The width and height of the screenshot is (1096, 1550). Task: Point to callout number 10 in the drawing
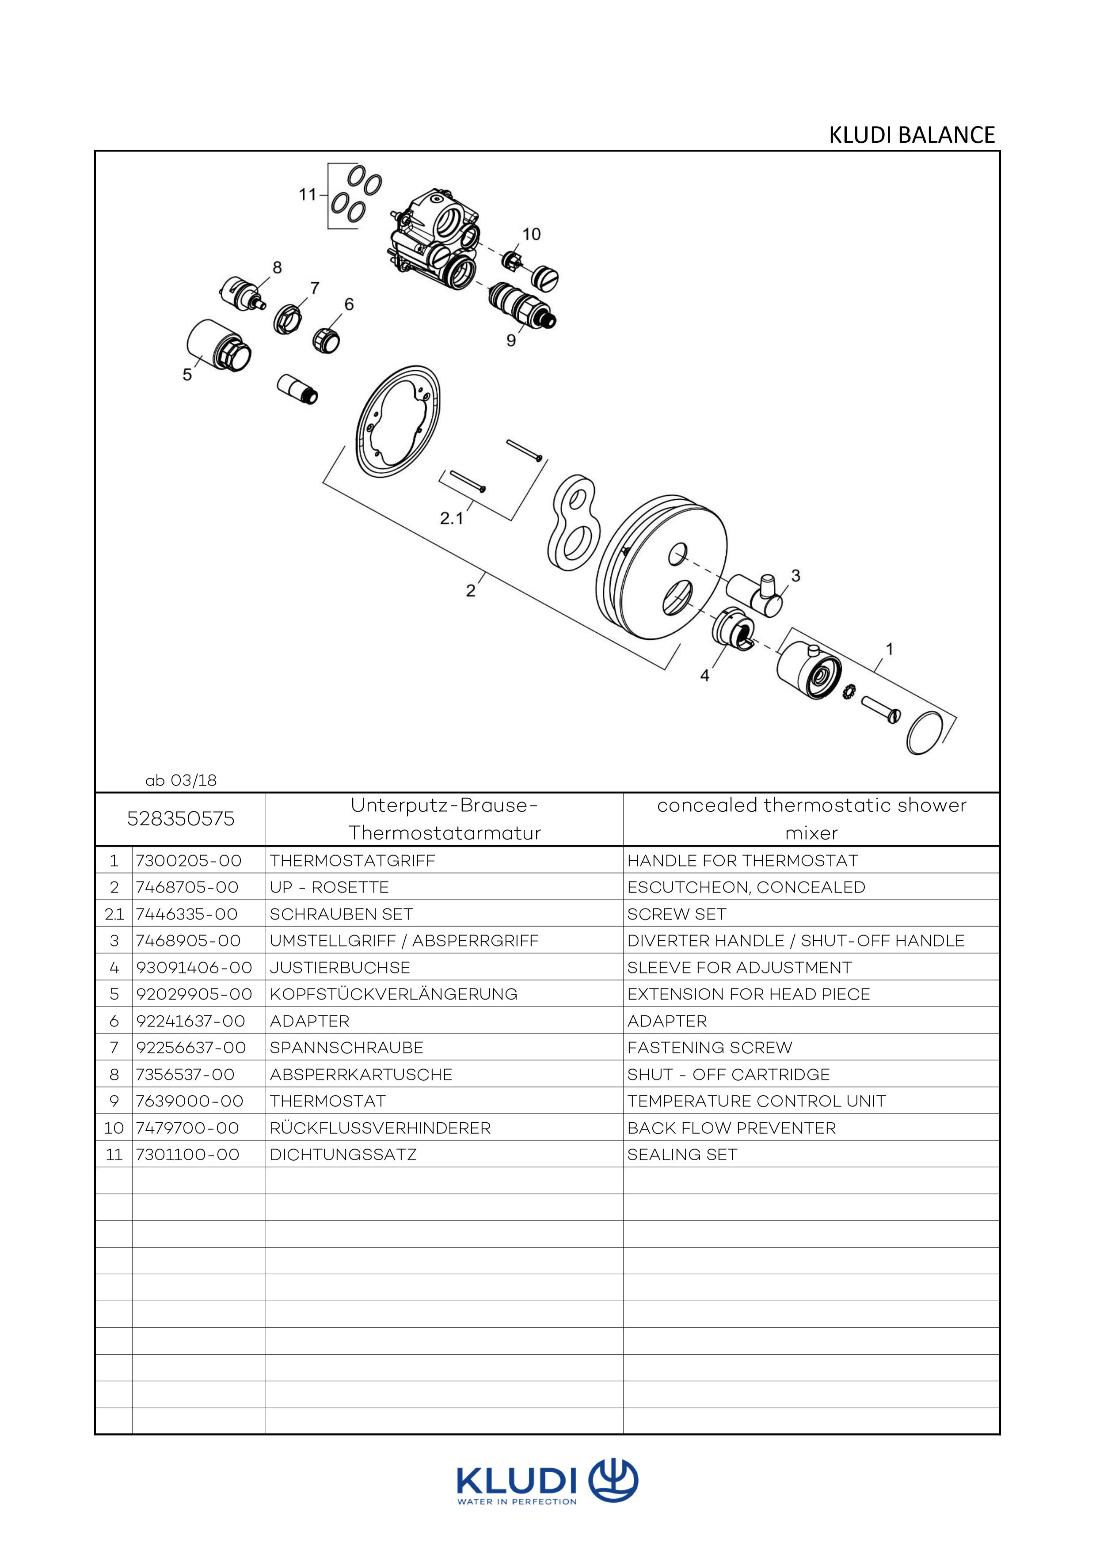pyautogui.click(x=532, y=234)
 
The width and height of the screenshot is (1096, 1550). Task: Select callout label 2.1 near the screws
pyautogui.click(x=451, y=518)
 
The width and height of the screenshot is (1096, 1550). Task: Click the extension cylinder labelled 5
pyautogui.click(x=217, y=346)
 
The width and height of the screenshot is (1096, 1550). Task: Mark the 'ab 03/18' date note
pyautogui.click(x=181, y=780)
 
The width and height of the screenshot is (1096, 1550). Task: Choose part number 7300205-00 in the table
pyautogui.click(x=188, y=861)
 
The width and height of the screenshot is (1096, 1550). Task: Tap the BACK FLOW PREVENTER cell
pyautogui.click(x=731, y=1128)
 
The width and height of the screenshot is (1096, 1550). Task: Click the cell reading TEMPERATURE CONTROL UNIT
pyautogui.click(x=756, y=1101)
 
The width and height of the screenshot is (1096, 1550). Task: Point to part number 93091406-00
pyautogui.click(x=194, y=967)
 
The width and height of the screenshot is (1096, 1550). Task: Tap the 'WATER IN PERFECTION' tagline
pyautogui.click(x=517, y=1502)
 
